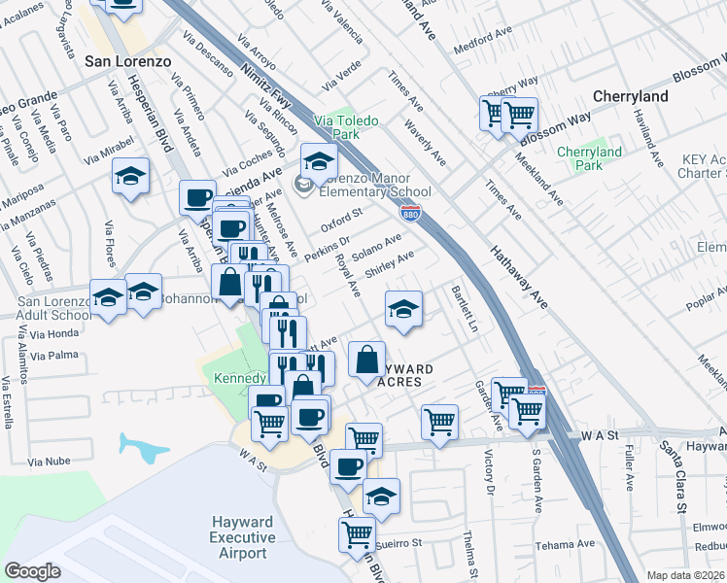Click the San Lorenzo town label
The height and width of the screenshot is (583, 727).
(x=127, y=60)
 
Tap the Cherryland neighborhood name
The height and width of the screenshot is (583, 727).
(x=631, y=97)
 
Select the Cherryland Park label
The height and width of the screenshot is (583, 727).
(x=589, y=158)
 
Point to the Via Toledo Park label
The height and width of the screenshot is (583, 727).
(x=350, y=128)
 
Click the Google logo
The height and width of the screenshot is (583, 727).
(x=33, y=571)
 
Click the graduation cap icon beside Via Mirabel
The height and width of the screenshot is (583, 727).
(x=130, y=176)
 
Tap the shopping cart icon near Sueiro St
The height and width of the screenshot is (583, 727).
(x=358, y=533)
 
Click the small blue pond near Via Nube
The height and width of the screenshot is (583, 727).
(x=143, y=446)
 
